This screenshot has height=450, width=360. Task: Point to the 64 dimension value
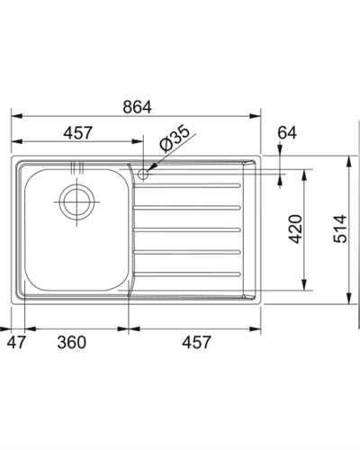(286, 133)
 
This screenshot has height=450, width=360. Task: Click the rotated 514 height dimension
(338, 230)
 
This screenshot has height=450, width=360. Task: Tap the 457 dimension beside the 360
(197, 342)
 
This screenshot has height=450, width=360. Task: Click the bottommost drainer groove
(187, 271)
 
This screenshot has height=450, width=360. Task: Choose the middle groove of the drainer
(187, 229)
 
